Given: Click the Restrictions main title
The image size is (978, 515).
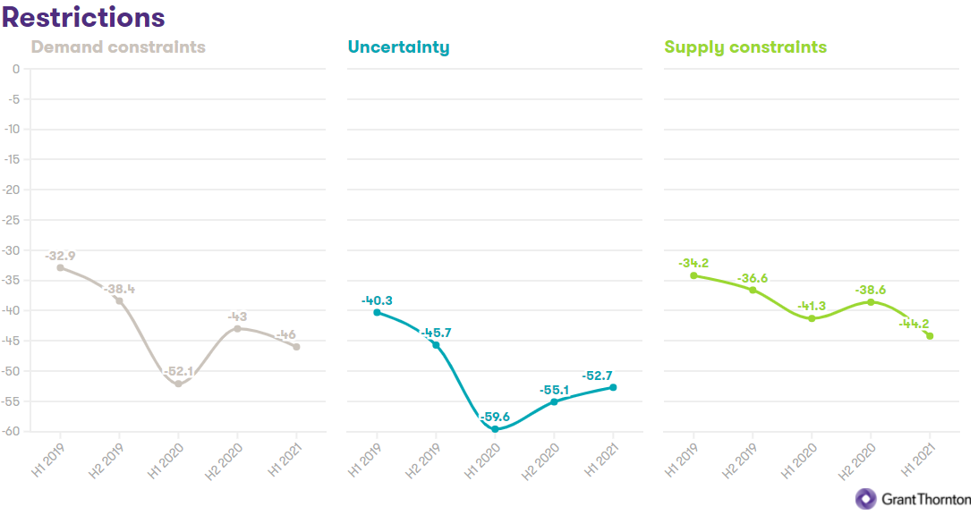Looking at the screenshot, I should tap(84, 16).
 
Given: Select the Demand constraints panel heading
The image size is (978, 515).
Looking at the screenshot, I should tap(118, 47).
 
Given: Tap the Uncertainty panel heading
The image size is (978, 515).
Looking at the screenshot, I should tap(398, 47).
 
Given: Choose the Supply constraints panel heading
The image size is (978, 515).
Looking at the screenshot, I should tap(745, 47).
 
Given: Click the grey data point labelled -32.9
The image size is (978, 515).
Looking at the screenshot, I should tap(60, 267).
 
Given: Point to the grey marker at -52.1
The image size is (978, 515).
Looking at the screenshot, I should tap(178, 384).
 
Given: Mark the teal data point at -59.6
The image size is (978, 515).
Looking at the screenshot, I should tap(495, 429).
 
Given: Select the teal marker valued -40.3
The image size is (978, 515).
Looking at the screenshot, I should tap(377, 312).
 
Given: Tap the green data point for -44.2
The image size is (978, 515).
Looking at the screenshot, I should tap(930, 336).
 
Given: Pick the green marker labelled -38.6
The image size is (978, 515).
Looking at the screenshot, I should tap(871, 302).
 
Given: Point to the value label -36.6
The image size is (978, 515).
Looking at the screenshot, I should tap(753, 279).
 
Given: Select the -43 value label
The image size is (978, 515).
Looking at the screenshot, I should tap(237, 317).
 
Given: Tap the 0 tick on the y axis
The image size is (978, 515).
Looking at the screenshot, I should tap(15, 69).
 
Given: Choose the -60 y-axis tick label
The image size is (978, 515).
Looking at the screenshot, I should tap(12, 432).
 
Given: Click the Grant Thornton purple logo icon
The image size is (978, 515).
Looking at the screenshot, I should tap(866, 499).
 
